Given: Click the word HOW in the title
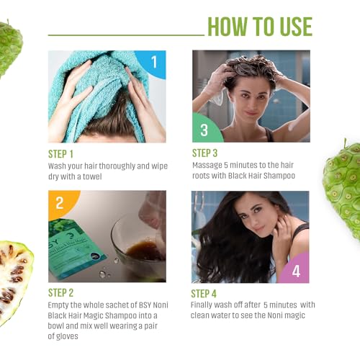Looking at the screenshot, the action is [228, 27].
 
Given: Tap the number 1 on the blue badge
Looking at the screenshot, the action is [154, 62].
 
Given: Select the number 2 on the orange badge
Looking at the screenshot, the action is [60, 203].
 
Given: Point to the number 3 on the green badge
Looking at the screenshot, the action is [204, 130].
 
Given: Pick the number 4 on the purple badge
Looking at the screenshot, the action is [296, 271].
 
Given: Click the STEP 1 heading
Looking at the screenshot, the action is [60, 154].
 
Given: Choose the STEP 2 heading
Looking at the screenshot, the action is [60, 293].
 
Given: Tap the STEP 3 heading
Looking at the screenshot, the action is [204, 153].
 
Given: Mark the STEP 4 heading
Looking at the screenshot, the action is [204, 294].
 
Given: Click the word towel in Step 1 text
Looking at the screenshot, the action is [92, 176].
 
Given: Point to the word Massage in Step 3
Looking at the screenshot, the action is [207, 166].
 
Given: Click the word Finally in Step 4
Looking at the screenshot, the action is [201, 305].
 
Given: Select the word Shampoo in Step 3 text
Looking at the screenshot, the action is [279, 176].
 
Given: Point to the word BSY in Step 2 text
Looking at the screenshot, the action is [145, 305].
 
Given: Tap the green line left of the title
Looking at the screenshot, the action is [126, 35].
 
